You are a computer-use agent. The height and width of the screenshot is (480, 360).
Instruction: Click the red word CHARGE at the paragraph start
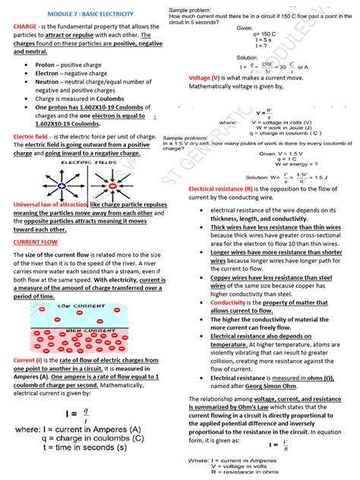(28, 27)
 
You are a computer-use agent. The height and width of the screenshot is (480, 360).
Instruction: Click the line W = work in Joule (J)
(267, 128)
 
